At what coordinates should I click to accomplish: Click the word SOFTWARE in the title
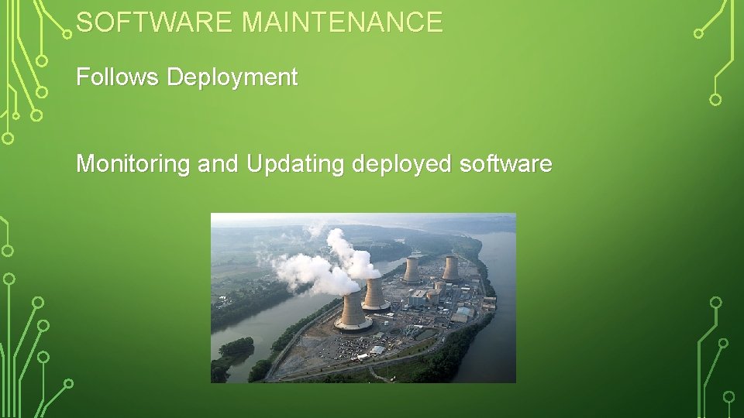pyautogui.click(x=155, y=22)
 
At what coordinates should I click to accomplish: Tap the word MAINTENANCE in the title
pyautogui.click(x=342, y=22)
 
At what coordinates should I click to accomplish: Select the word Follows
pyautogui.click(x=118, y=77)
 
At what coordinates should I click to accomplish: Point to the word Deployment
pyautogui.click(x=232, y=78)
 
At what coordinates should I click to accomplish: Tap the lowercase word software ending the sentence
pyautogui.click(x=506, y=164)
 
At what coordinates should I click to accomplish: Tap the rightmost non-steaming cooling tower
pyautogui.click(x=450, y=268)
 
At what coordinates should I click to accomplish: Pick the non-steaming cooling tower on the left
pyautogui.click(x=412, y=269)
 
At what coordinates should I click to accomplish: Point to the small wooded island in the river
pyautogui.click(x=235, y=348)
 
